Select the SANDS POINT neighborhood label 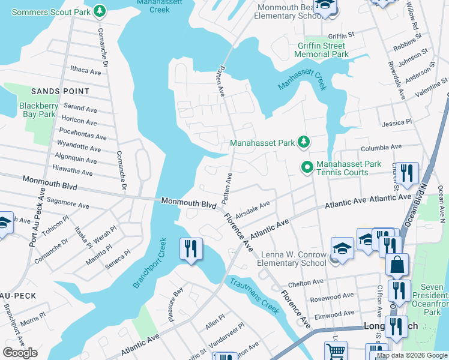pos(60,91)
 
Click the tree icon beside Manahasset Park pos(304,142)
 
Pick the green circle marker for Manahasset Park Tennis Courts pos(307,166)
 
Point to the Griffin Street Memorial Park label pos(322,50)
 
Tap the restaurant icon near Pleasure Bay pos(191,249)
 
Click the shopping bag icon pos(397,264)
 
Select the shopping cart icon pos(336,351)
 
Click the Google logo pos(20,353)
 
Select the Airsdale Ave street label pos(252,211)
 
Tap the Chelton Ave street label pos(306,283)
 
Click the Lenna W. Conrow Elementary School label pos(292,259)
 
